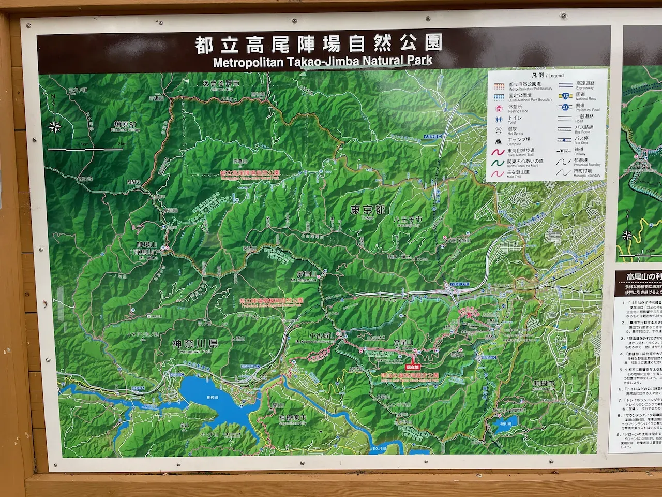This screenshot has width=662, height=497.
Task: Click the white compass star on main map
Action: pos(56,126)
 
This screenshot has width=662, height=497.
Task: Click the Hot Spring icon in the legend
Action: pos(499,130)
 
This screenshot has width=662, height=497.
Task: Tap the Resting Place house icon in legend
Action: pos(499,108)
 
